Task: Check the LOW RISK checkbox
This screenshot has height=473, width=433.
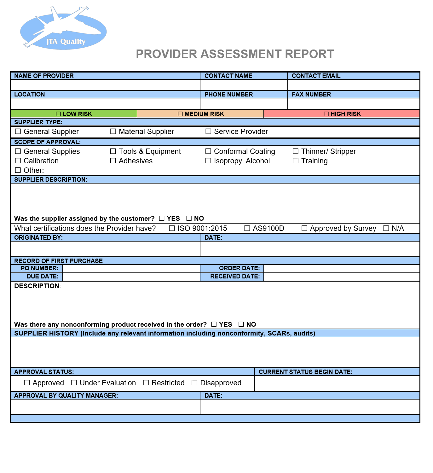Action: pyautogui.click(x=58, y=114)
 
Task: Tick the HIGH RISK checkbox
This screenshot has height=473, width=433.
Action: pyautogui.click(x=326, y=114)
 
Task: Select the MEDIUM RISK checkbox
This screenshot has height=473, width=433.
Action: pyautogui.click(x=180, y=114)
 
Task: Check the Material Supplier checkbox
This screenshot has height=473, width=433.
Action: pyautogui.click(x=113, y=131)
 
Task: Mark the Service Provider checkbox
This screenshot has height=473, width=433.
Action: pyautogui.click(x=208, y=131)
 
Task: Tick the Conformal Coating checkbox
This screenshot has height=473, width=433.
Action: pyautogui.click(x=208, y=151)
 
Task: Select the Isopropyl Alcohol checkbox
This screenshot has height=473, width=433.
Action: pyautogui.click(x=208, y=161)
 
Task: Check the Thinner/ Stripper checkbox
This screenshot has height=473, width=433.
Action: pyautogui.click(x=296, y=151)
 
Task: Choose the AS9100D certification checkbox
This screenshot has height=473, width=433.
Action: pyautogui.click(x=247, y=228)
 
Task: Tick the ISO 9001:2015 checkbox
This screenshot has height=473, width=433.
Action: pyautogui.click(x=172, y=228)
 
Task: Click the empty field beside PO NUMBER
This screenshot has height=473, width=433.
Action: pyautogui.click(x=131, y=268)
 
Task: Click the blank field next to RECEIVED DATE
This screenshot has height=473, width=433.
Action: pyautogui.click(x=341, y=277)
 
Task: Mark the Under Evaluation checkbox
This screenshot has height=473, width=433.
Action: pyautogui.click(x=74, y=383)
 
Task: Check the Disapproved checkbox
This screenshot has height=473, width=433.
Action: pyautogui.click(x=195, y=383)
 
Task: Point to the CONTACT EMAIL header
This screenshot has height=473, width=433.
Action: pyautogui.click(x=316, y=76)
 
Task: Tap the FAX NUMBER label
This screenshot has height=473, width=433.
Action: pyautogui.click(x=311, y=94)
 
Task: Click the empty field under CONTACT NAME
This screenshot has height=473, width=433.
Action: pyautogui.click(x=244, y=85)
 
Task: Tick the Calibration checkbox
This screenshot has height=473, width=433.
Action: pyautogui.click(x=18, y=161)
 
